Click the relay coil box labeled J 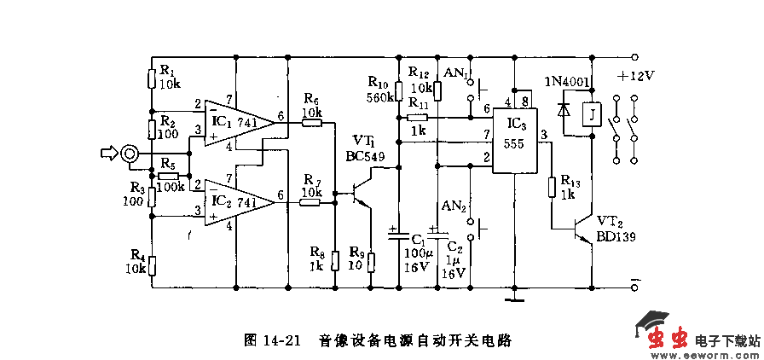click(x=587, y=113)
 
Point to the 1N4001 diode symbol click(x=563, y=110)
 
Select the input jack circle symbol click(x=130, y=154)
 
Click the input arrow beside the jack click(x=107, y=154)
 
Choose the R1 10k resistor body click(x=152, y=79)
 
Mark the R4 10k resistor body click(x=152, y=266)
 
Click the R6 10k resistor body click(x=312, y=123)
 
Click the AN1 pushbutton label click(x=456, y=73)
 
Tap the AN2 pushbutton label click(x=453, y=206)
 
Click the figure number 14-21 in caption click(x=282, y=340)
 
